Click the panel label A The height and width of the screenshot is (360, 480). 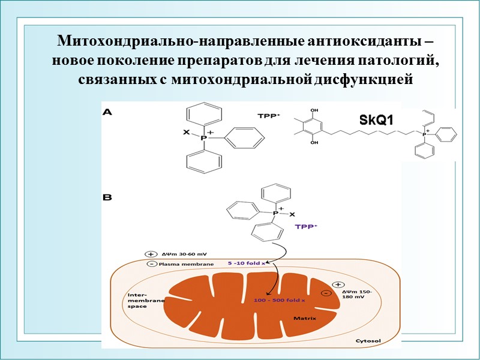point(107,111)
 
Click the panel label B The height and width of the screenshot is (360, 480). point(107,196)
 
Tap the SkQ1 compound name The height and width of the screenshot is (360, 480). point(376,120)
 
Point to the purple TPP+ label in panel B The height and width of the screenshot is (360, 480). point(307,227)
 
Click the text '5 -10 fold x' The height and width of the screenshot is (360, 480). point(247,262)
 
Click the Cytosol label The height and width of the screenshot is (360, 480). point(368,341)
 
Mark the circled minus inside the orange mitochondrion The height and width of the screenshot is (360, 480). point(325,293)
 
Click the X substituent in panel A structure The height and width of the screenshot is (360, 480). point(186,131)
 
